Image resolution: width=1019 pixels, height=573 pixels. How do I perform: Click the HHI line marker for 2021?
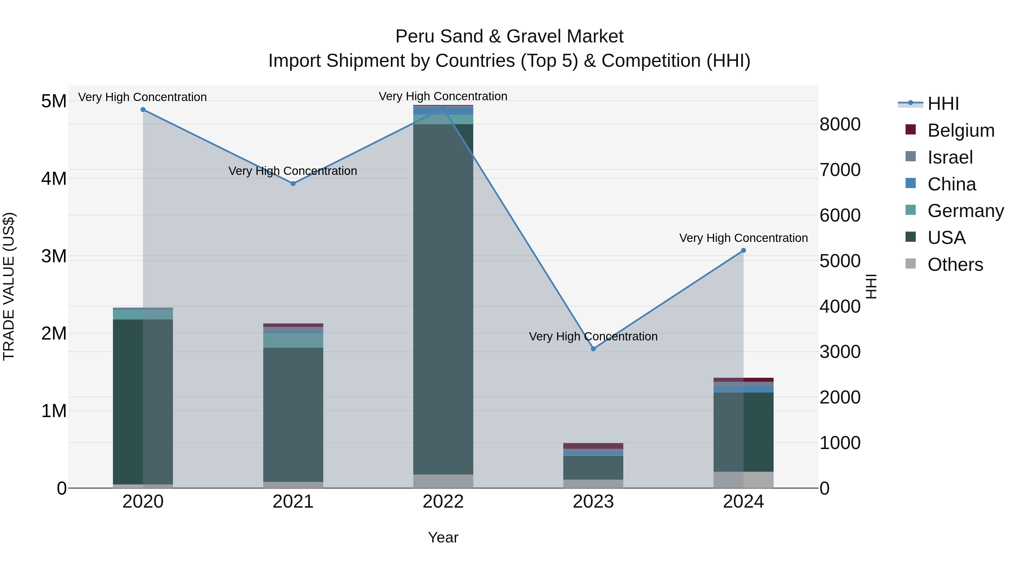click(x=293, y=183)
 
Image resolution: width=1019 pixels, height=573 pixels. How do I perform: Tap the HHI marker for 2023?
click(x=593, y=349)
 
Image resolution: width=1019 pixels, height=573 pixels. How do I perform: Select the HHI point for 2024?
click(x=743, y=250)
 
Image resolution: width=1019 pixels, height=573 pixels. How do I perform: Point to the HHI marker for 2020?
click(x=143, y=110)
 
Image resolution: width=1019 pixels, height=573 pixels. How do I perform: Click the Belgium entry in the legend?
click(x=960, y=130)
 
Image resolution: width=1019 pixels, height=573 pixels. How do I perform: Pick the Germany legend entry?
click(x=965, y=211)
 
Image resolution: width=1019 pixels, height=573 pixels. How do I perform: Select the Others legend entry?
click(x=955, y=265)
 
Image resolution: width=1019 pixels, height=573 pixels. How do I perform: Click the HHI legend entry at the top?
click(x=943, y=104)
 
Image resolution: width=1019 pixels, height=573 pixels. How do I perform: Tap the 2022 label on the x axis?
click(x=443, y=502)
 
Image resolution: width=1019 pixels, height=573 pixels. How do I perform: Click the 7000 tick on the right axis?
click(x=840, y=170)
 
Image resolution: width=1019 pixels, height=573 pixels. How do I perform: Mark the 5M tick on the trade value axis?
click(x=54, y=101)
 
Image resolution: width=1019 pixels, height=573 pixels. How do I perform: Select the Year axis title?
click(x=443, y=537)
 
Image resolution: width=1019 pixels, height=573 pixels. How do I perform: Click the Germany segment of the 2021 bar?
click(x=293, y=340)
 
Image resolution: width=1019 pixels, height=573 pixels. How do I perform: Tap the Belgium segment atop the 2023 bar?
click(x=593, y=446)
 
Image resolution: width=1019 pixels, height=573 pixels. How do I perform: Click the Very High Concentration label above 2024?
click(x=743, y=238)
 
